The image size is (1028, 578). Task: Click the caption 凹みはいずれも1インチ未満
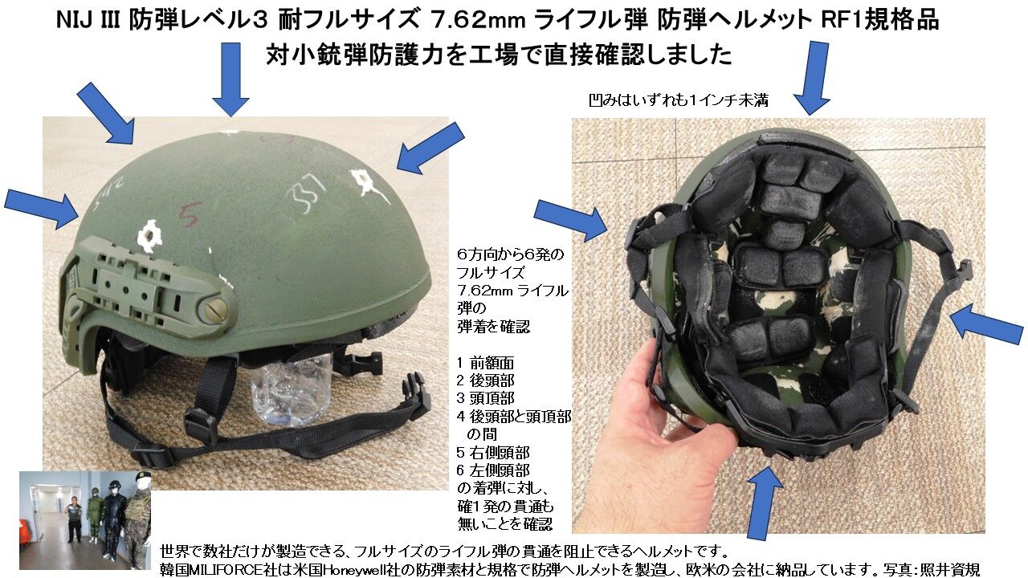[x=678, y=101]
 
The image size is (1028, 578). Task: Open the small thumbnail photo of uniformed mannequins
[x=84, y=519]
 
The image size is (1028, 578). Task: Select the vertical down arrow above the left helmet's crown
[x=231, y=77]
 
